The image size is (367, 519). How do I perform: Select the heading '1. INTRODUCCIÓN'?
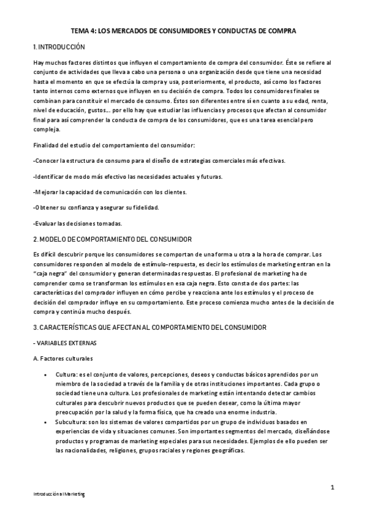(59, 47)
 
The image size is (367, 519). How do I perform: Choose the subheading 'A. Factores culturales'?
(63, 358)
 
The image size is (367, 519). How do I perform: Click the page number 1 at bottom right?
(331, 487)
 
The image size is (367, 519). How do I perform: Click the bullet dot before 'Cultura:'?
(46, 374)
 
